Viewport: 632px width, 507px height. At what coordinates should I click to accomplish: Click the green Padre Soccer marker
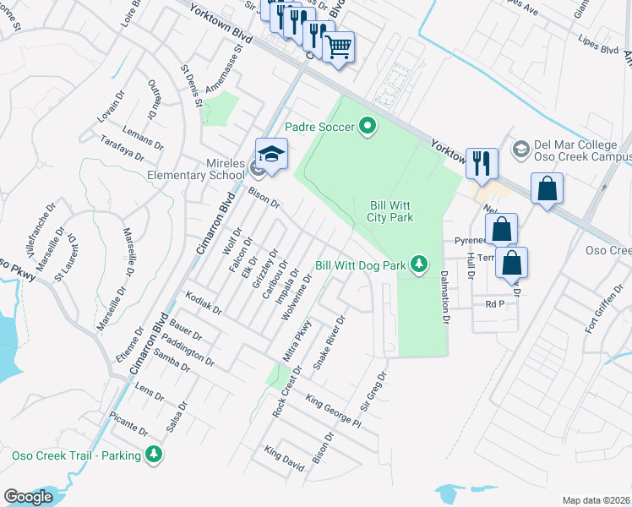coord(368,127)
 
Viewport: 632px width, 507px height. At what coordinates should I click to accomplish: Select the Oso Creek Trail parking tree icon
coord(153,455)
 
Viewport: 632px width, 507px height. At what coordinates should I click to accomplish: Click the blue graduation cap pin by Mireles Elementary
coord(271,155)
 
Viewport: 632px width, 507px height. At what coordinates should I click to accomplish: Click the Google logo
coord(28,497)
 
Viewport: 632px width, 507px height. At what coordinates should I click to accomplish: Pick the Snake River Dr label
coord(330,343)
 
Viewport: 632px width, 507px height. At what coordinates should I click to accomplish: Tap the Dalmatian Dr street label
coord(444,297)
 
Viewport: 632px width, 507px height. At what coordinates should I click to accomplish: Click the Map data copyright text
coord(596,500)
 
